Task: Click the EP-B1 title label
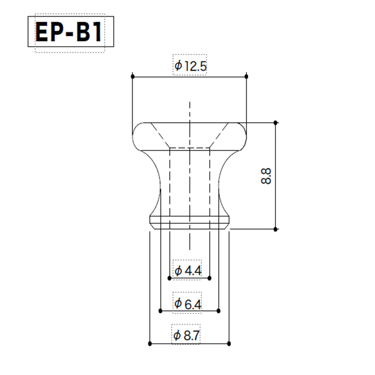[x=69, y=32]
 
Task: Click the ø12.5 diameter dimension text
[x=190, y=66]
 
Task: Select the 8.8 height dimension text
[x=266, y=176]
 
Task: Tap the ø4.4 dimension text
[x=188, y=271]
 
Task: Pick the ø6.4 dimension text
[x=188, y=303]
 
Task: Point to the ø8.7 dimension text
[x=186, y=335]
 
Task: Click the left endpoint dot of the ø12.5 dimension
[x=133, y=76]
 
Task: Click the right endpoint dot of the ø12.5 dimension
[x=247, y=76]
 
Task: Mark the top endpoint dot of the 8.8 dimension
[x=276, y=123]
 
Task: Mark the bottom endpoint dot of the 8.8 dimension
[x=276, y=229]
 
